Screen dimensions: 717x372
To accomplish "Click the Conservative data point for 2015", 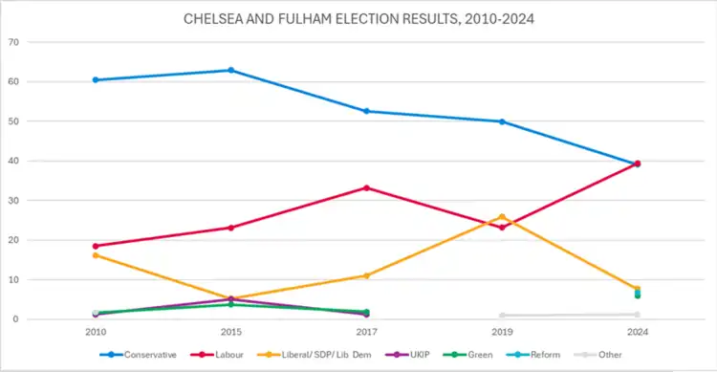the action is pos(231,70).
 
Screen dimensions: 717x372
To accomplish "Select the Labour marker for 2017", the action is pos(366,187).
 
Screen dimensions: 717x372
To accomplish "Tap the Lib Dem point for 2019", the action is pos(502,216).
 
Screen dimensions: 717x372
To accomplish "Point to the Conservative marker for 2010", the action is pos(96,79).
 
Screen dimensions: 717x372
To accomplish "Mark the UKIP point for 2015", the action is pos(231,298).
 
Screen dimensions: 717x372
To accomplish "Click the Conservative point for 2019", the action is pos(502,121).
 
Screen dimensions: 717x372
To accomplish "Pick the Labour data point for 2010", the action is pos(96,246).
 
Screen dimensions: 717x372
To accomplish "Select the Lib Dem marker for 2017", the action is pos(366,275).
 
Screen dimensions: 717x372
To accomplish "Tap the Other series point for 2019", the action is pos(502,316).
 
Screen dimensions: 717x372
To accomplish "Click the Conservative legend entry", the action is pos(138,355).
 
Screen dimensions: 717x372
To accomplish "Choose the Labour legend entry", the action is pos(217,355).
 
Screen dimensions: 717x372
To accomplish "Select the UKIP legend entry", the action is pos(407,355).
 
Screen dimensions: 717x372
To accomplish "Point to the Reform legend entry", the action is pos(532,355).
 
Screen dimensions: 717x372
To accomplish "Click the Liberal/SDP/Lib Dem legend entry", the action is pos(315,355).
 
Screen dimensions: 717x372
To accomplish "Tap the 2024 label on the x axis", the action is pos(638,332).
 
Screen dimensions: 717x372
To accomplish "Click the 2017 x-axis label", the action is pos(366,332).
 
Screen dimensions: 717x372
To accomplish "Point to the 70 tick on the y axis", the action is pos(13,42).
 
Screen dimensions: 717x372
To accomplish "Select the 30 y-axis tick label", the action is pos(13,201).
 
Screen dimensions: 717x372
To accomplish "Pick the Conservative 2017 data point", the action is pos(366,111).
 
